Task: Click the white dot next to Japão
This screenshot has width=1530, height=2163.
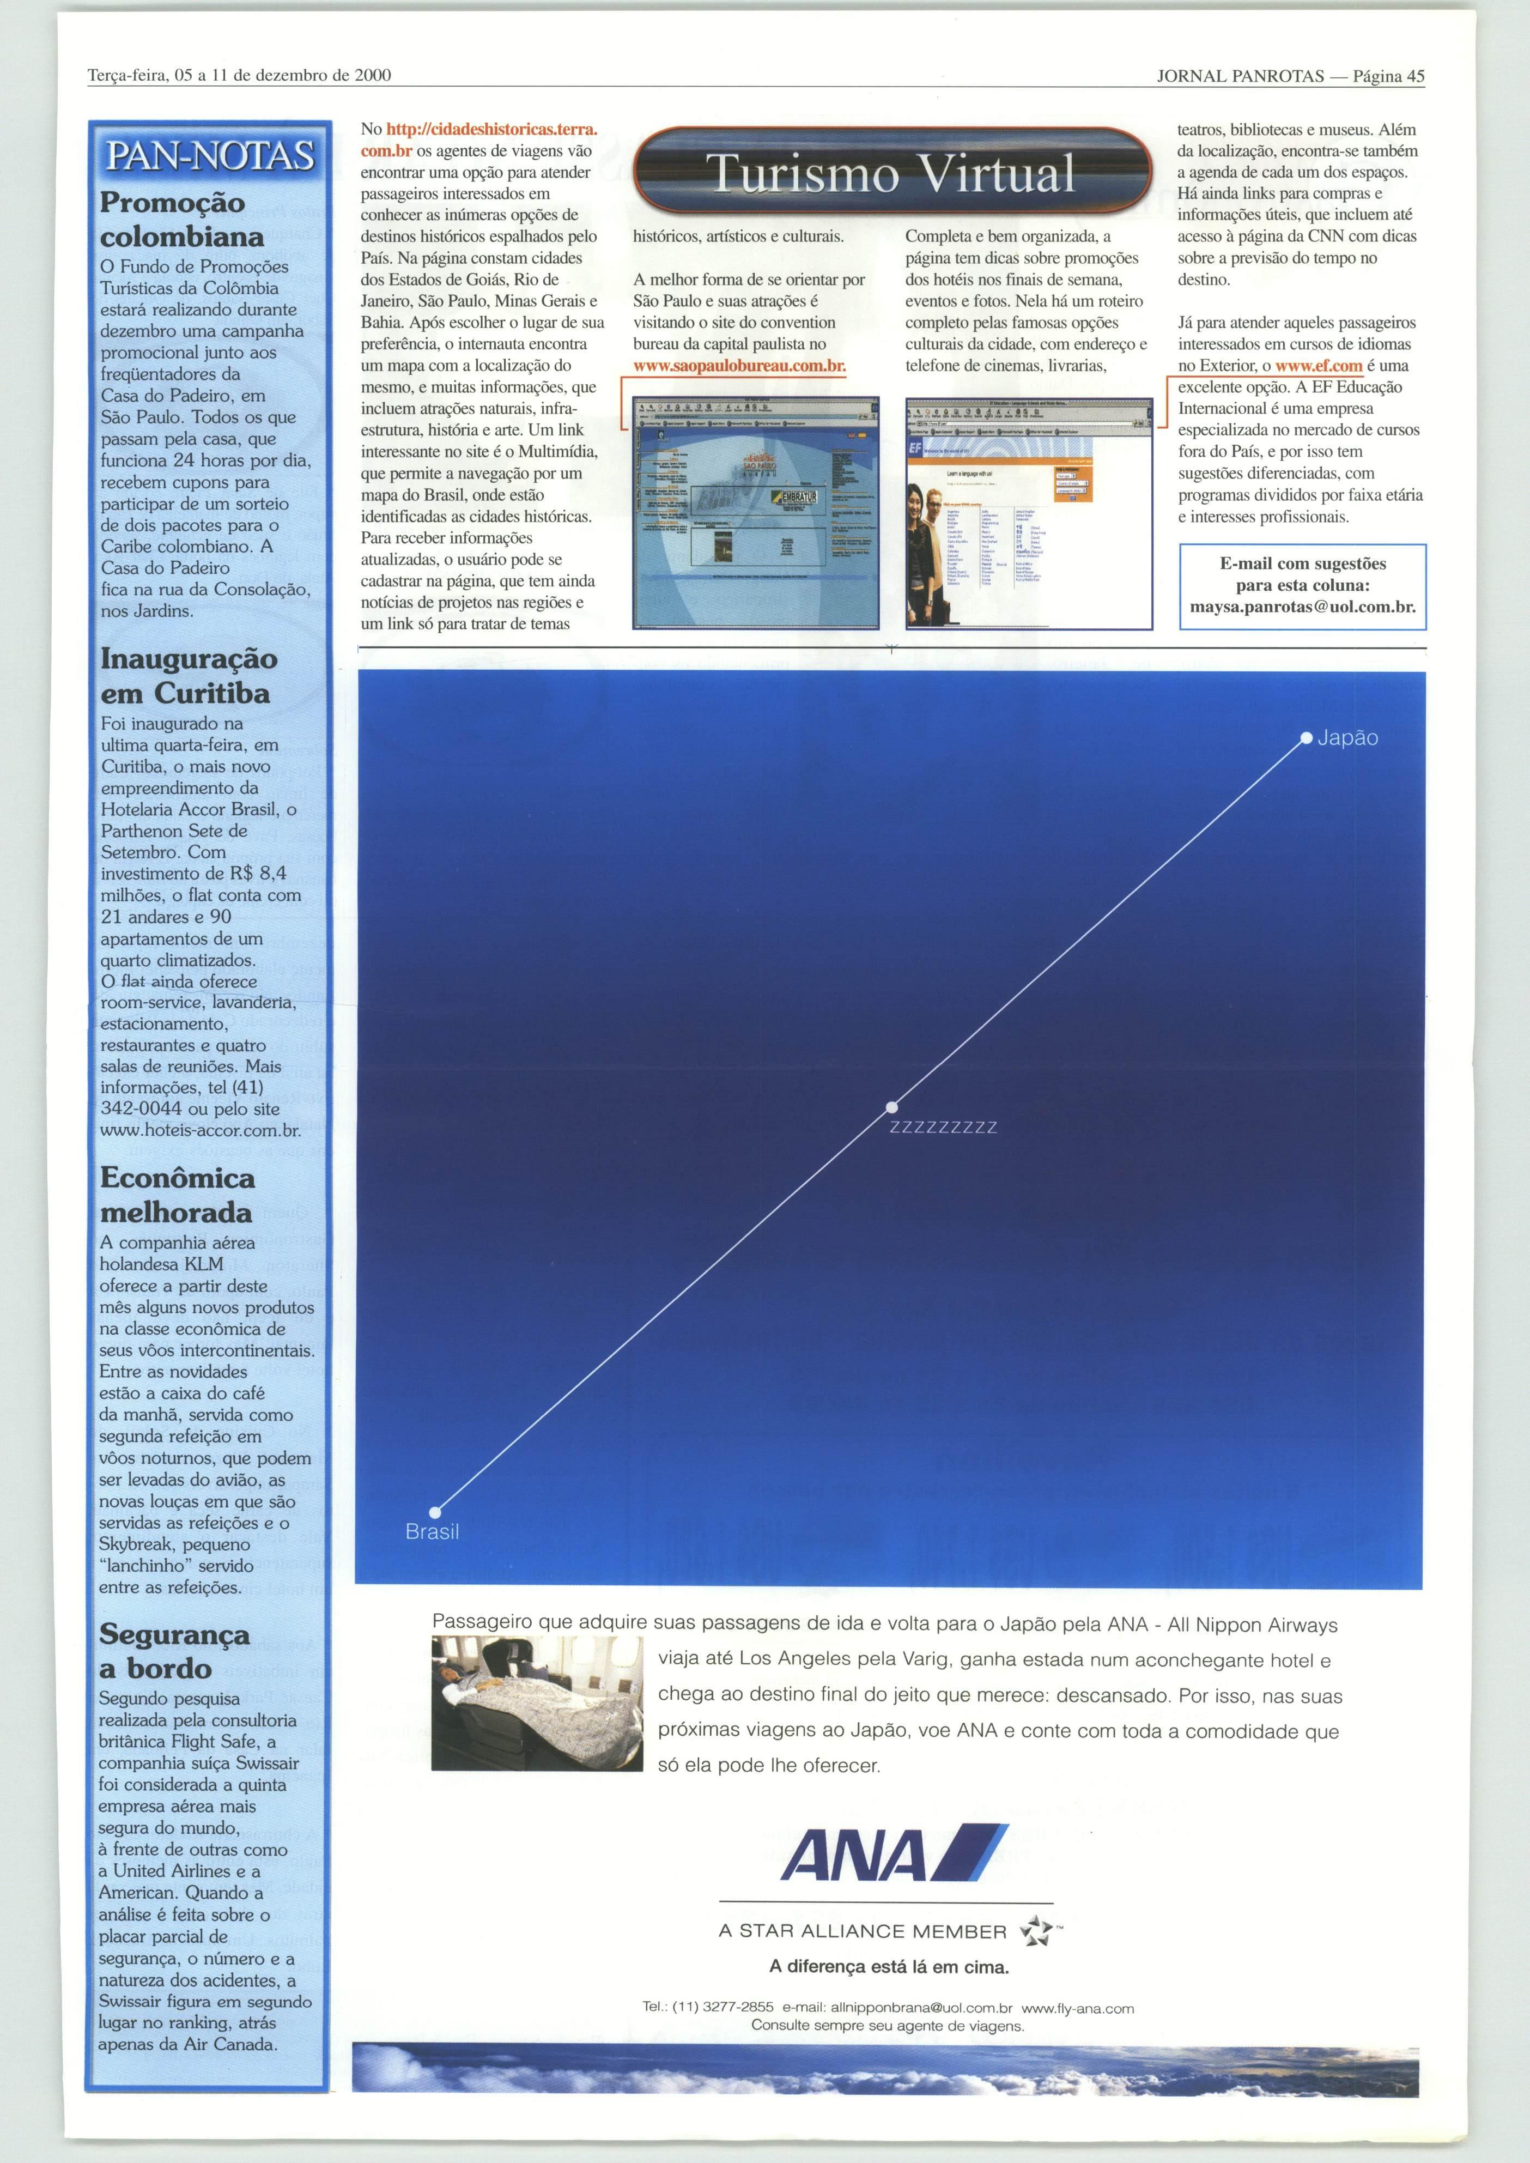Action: pyautogui.click(x=1306, y=738)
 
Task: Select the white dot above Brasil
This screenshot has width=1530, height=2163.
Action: pyautogui.click(x=435, y=1513)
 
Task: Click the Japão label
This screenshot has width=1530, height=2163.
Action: pyautogui.click(x=1347, y=738)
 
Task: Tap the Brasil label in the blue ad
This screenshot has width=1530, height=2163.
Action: pyautogui.click(x=433, y=1532)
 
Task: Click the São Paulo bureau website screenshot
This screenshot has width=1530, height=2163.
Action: pyautogui.click(x=756, y=512)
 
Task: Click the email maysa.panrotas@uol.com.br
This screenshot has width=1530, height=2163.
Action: pyautogui.click(x=1302, y=607)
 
